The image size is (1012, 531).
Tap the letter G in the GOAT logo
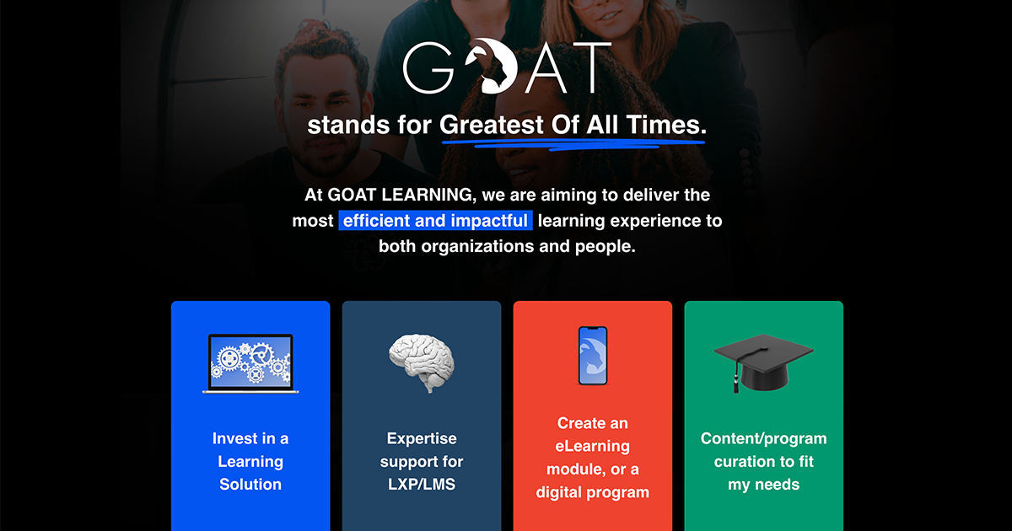click(x=431, y=67)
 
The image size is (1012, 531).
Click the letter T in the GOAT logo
click(x=589, y=67)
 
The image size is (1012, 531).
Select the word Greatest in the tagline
click(x=492, y=126)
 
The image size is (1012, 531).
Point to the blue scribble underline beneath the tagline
click(x=573, y=142)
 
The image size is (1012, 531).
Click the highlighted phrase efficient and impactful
click(x=435, y=221)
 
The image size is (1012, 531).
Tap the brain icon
click(x=422, y=362)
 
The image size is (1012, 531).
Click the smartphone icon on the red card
click(x=593, y=356)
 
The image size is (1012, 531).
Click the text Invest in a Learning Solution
click(x=250, y=461)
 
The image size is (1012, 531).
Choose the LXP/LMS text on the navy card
click(x=422, y=485)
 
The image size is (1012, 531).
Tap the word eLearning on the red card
click(x=593, y=446)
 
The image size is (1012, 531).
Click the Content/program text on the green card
click(x=763, y=438)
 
